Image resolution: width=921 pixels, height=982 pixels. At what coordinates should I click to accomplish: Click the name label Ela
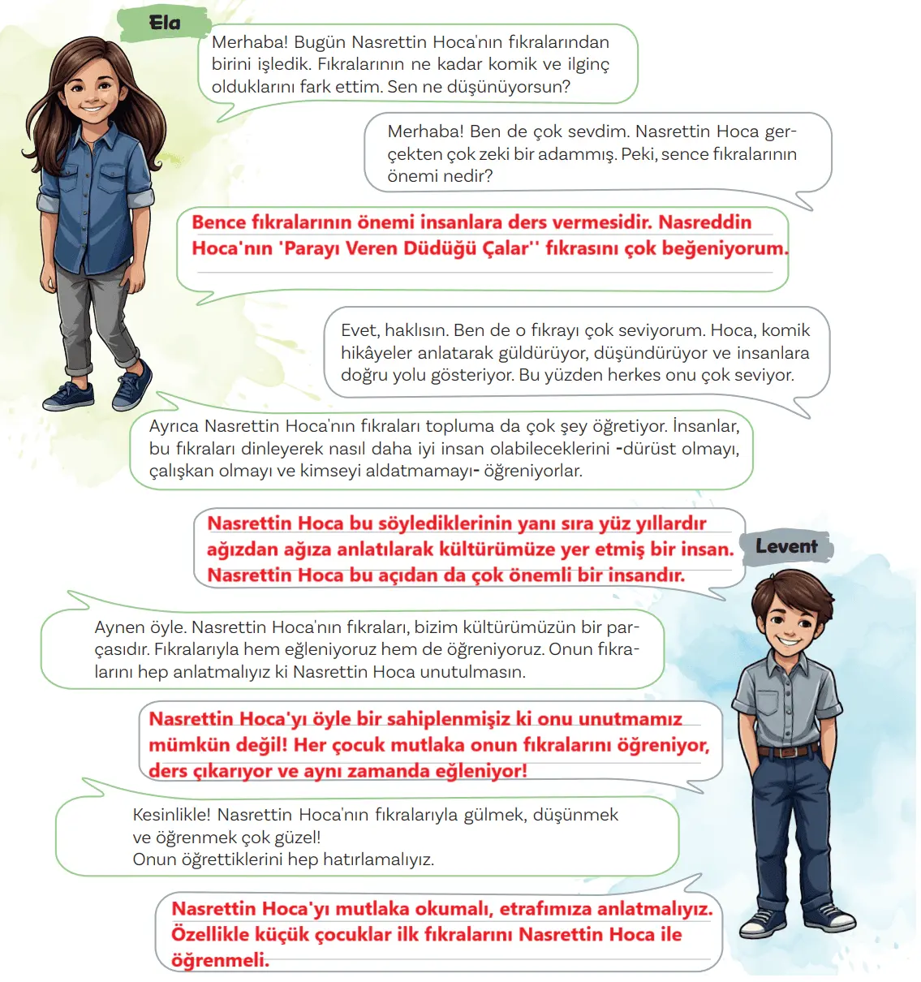tap(165, 23)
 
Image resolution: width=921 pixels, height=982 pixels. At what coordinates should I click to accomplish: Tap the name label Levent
tap(786, 546)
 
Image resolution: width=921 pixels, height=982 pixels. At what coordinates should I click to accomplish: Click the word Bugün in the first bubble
tap(320, 42)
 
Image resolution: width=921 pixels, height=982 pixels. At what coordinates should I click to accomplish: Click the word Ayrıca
tap(174, 426)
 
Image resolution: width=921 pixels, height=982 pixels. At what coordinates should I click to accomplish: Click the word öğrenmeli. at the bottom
tap(220, 960)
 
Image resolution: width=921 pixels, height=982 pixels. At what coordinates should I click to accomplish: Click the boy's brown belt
tap(785, 750)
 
